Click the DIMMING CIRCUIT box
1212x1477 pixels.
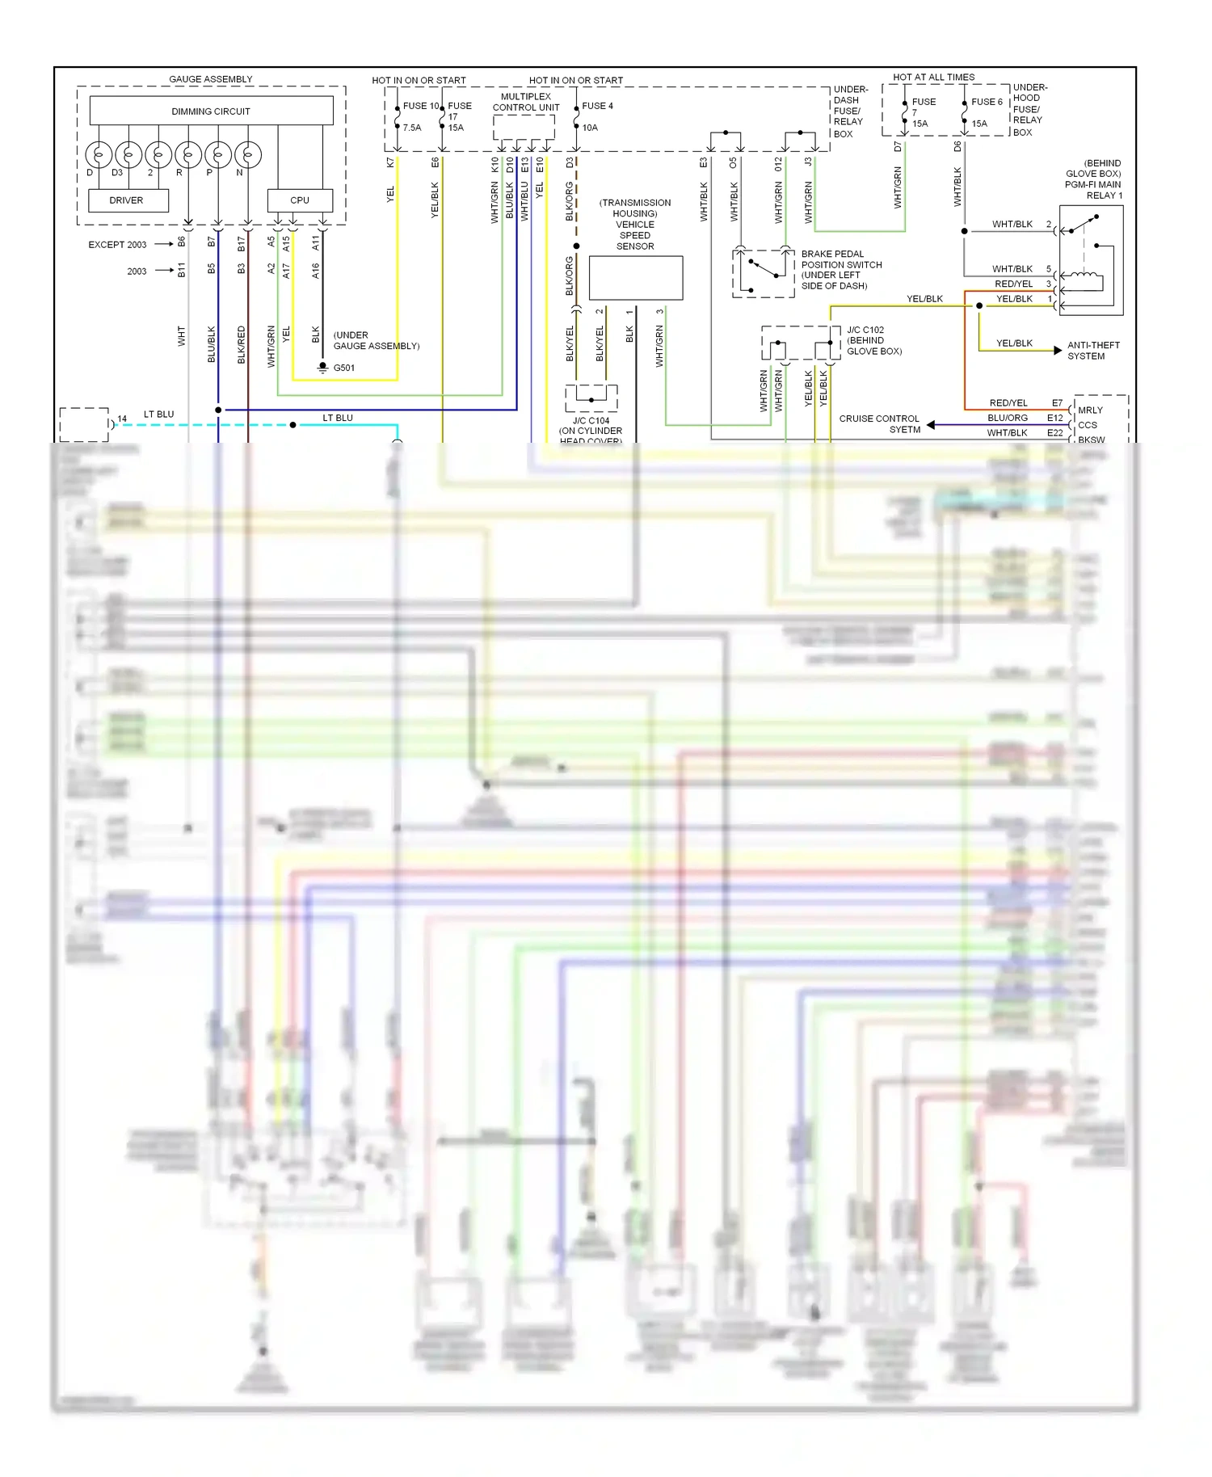pos(211,111)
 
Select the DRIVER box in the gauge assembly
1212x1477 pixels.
pos(127,200)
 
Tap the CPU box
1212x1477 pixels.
pos(300,200)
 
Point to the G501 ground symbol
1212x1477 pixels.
pos(322,368)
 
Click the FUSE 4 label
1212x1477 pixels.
pos(597,106)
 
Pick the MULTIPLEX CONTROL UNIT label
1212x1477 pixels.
pos(526,102)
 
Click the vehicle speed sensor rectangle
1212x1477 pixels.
pos(636,278)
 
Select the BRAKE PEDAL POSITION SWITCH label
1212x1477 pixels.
pos(841,270)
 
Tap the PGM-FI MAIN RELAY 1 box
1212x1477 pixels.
pos(1091,259)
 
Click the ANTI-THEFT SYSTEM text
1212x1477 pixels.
pos(1093,351)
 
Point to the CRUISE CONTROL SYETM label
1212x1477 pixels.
pos(880,424)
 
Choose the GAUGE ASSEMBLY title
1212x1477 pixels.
pos(211,79)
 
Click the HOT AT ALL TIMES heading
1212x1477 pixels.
pos(933,78)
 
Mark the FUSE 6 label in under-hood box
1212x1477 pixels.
pos(987,102)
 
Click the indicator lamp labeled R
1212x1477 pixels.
pos(188,154)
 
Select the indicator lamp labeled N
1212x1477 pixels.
pos(248,154)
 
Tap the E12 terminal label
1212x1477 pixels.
pos(1055,418)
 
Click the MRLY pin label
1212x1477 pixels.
pos(1090,410)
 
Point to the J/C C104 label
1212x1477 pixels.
pos(591,420)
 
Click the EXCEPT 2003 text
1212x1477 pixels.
pos(118,245)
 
